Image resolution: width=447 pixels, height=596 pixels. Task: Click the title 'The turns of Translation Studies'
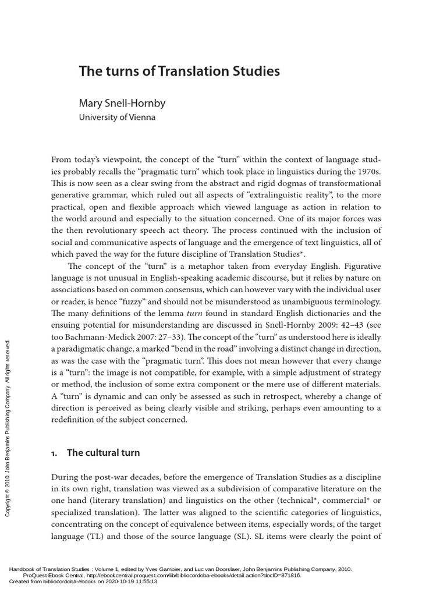179,72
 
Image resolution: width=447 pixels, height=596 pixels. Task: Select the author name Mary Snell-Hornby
122,104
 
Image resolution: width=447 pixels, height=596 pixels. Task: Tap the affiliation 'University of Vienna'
117,117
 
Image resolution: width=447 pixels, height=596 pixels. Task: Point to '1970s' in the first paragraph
368,172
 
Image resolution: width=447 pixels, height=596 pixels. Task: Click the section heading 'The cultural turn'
104,452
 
